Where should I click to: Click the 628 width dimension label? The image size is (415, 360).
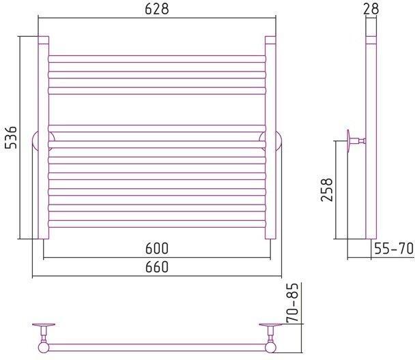point(157,9)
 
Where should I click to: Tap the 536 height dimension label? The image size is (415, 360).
point(11,138)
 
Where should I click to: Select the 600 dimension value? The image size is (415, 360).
point(157,248)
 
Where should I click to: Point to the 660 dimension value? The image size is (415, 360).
point(157,267)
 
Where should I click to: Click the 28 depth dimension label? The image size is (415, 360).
point(371,9)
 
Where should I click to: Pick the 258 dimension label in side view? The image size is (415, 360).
point(326,190)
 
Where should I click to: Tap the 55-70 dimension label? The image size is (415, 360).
point(394,248)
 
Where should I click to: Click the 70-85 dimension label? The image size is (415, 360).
point(292,303)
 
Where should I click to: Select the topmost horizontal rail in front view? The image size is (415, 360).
point(157,59)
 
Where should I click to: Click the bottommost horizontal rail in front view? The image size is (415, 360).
point(157,224)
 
